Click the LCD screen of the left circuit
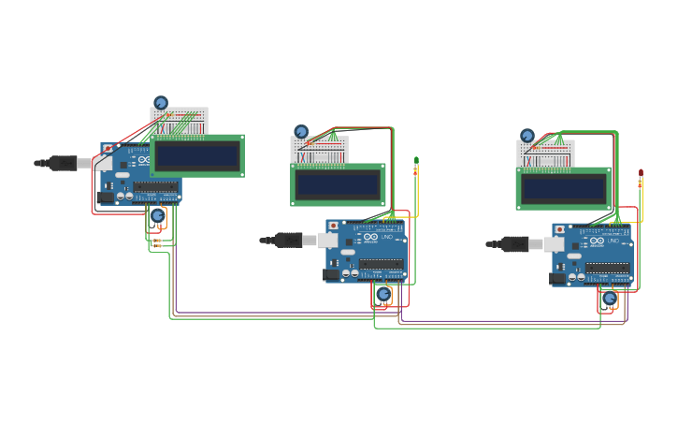[196, 155]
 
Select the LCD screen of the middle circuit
[338, 184]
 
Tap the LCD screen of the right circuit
[563, 188]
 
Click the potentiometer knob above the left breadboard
[161, 103]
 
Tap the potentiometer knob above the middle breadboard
[301, 132]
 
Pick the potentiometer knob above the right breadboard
[527, 136]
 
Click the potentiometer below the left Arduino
[158, 216]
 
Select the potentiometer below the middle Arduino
[383, 294]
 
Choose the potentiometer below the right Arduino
[610, 299]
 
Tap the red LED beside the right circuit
[641, 178]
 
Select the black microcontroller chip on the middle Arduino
[382, 264]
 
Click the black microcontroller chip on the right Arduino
[608, 268]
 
